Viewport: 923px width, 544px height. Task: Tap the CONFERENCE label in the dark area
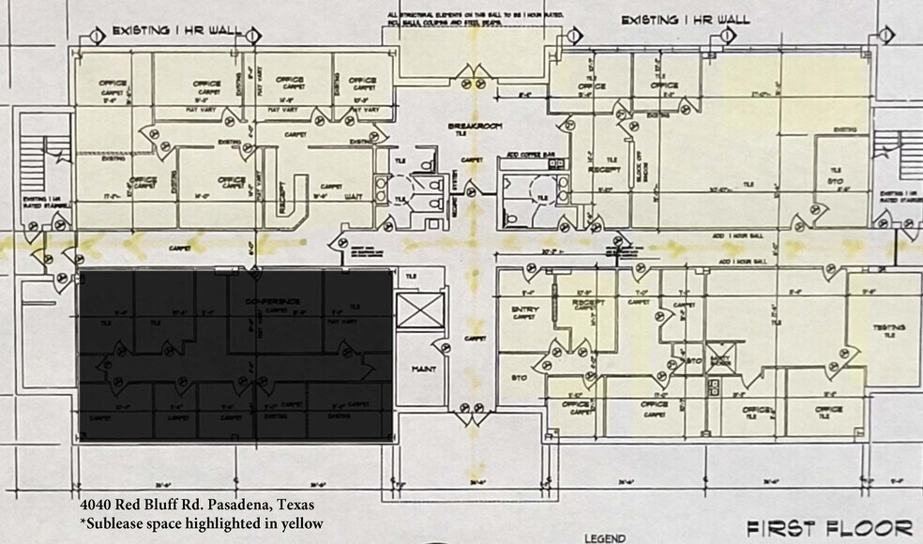(x=273, y=301)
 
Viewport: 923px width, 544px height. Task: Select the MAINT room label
(x=424, y=370)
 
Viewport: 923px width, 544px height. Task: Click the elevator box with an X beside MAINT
(x=415, y=310)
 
